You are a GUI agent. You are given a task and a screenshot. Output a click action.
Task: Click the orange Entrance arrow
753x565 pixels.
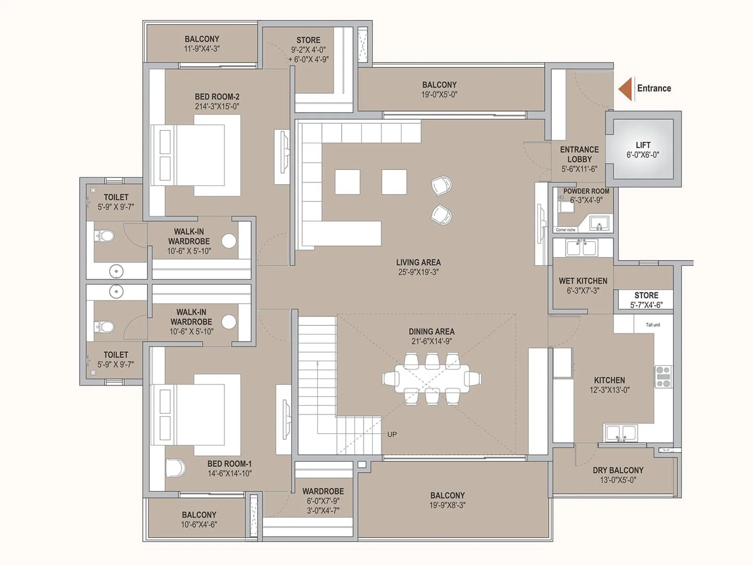click(625, 89)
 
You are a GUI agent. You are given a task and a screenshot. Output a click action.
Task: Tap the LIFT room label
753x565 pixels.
click(643, 145)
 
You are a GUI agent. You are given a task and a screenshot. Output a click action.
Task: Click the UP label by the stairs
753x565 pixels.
click(392, 434)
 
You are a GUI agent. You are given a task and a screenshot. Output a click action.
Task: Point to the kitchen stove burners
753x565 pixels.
click(664, 377)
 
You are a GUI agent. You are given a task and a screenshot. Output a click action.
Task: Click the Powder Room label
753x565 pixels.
click(586, 191)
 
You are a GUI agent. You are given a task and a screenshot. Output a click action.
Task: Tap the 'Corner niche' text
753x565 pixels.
click(566, 230)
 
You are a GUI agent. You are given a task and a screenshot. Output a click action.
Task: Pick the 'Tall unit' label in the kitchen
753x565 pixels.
click(653, 325)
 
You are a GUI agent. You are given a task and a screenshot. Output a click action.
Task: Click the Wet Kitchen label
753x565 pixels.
click(583, 281)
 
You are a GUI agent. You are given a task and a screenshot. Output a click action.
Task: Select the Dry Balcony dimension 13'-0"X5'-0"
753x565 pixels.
click(618, 480)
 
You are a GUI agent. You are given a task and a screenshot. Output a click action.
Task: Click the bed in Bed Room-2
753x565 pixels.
click(195, 155)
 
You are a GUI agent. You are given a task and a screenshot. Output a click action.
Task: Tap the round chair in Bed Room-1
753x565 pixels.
click(176, 468)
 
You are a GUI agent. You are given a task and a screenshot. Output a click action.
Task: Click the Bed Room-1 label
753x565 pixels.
click(230, 464)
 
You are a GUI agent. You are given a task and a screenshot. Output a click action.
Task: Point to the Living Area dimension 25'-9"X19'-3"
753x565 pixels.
click(418, 272)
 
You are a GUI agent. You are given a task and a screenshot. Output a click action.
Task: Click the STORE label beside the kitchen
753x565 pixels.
click(646, 295)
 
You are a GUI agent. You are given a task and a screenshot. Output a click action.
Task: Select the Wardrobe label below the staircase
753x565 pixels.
click(323, 491)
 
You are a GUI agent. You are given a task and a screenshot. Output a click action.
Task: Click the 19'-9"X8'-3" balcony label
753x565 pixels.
click(447, 505)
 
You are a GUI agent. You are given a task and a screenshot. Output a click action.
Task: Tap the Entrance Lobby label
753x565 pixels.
click(579, 154)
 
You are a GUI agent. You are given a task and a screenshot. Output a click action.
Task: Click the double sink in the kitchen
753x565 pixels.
click(621, 434)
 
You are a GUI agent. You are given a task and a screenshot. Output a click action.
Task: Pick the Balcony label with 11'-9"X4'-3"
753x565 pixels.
click(202, 39)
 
